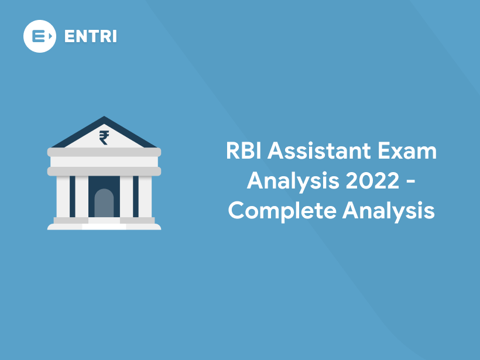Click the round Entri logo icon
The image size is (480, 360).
40,36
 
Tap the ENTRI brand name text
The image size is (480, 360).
90,36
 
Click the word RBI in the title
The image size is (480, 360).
242,152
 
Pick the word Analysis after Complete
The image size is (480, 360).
389,211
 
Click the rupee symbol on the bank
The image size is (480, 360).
104,138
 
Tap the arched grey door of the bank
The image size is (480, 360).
104,203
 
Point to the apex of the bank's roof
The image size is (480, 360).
104,118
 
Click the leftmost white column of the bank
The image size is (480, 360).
63,196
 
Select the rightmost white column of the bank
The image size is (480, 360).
145,196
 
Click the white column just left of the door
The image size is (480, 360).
81,196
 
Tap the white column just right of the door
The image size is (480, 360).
126,196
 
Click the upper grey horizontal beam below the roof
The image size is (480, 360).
104,152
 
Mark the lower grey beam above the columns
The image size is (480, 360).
104,171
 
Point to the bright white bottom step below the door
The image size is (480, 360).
104,226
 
